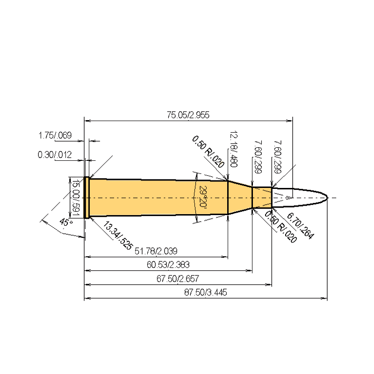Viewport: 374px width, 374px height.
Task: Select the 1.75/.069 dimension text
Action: [x=54, y=136]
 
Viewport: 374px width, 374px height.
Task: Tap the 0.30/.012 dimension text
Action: [x=54, y=155]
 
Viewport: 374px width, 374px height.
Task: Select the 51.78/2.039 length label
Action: [x=156, y=252]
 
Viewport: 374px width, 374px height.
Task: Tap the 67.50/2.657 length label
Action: [x=178, y=279]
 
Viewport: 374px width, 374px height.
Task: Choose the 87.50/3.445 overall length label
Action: [x=206, y=292]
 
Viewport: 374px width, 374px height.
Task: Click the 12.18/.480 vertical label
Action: [x=232, y=150]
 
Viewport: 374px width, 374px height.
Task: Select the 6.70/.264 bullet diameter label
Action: [x=300, y=225]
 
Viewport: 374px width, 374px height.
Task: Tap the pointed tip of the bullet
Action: [x=327, y=197]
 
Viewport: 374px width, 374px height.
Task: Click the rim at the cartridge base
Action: [x=86, y=197]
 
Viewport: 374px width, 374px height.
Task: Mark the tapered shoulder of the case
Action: [x=239, y=197]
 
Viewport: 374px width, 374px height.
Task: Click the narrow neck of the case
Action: [x=262, y=197]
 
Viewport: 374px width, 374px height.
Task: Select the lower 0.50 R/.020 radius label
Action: [x=280, y=227]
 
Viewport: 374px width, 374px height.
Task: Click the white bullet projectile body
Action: [x=299, y=197]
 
